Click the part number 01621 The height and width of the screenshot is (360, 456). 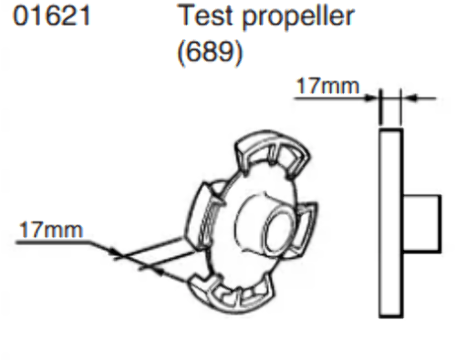click(x=52, y=15)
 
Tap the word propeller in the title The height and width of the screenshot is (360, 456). click(x=298, y=17)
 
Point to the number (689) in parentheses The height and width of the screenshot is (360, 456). click(x=210, y=52)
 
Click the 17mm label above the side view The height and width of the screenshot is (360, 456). click(x=328, y=86)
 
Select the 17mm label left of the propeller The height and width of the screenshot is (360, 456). click(x=51, y=230)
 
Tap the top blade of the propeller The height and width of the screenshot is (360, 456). click(x=273, y=152)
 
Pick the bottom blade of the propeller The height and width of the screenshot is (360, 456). click(x=231, y=293)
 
